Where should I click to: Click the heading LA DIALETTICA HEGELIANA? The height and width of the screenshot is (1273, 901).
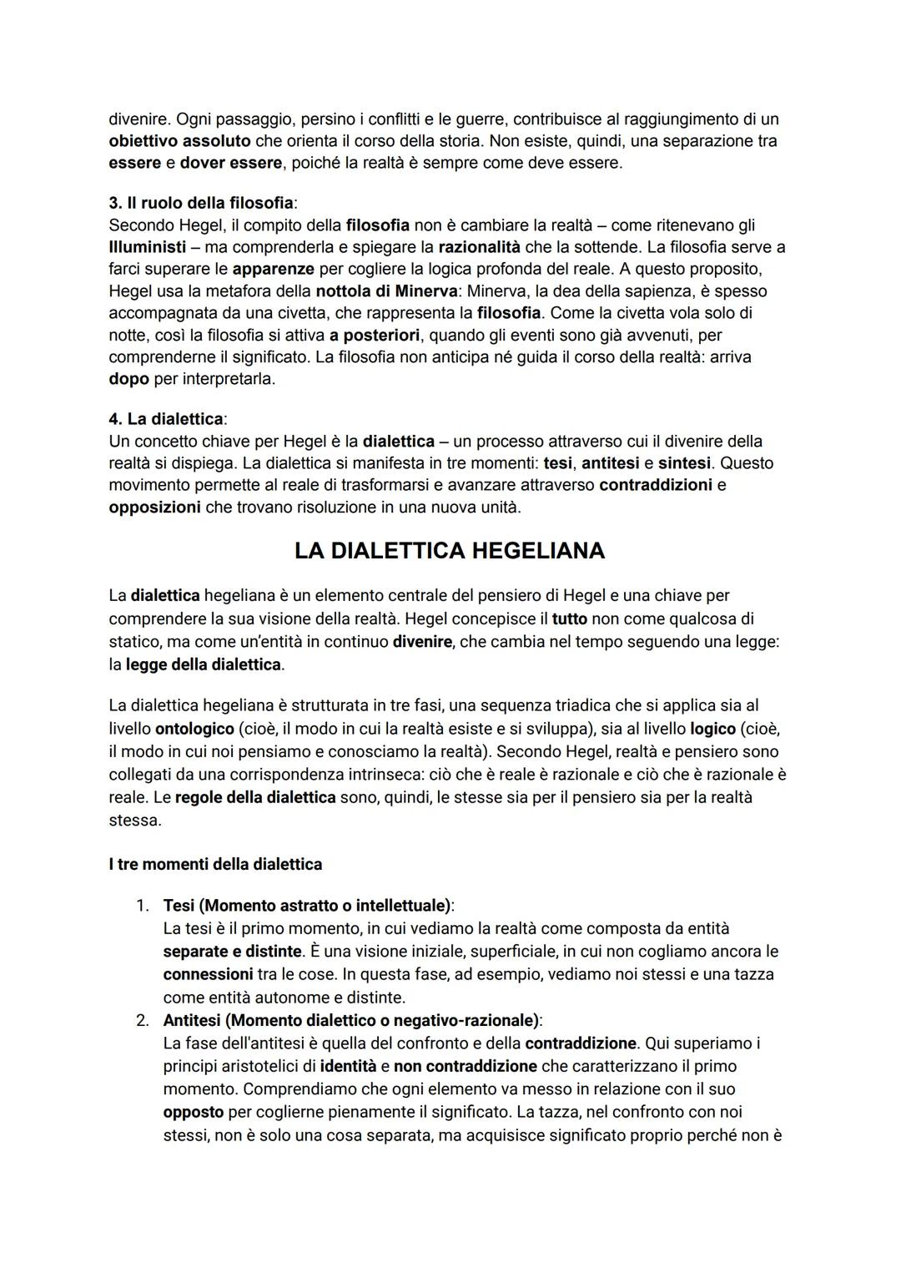pos(450,551)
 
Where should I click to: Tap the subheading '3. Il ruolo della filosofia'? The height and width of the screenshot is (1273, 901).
pos(201,204)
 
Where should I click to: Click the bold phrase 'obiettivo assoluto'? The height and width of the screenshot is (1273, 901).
pos(179,141)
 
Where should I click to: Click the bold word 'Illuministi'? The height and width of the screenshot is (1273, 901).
pos(148,248)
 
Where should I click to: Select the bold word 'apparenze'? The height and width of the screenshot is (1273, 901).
pos(273,270)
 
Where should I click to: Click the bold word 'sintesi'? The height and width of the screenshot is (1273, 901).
pos(684,462)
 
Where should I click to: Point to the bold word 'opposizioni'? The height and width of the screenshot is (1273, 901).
pos(154,507)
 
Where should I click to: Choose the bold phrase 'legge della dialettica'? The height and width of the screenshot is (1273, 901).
pos(204,665)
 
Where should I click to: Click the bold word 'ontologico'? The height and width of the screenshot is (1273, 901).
pos(194,729)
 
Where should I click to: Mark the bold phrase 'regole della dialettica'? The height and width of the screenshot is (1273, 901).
pos(255,797)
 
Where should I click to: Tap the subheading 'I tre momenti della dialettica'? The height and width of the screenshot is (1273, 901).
pos(215,865)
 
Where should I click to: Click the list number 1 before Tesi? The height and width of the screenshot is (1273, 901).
pos(143,906)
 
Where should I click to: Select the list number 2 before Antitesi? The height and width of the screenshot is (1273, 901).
pos(143,1020)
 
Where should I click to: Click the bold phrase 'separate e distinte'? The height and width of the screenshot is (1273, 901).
pos(232,952)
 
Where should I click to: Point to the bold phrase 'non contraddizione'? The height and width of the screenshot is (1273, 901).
pos(466,1066)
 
